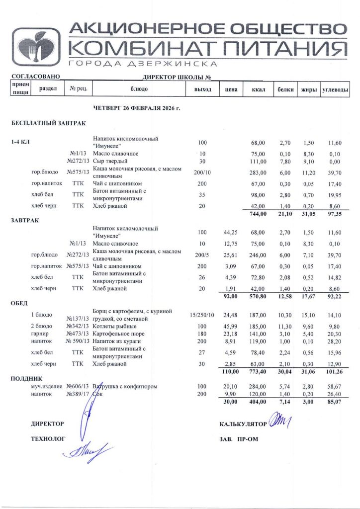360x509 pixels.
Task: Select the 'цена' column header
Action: pyautogui.click(x=230, y=89)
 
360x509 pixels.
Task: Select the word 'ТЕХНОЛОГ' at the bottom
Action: pyautogui.click(x=48, y=439)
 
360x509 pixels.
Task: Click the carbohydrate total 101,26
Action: pyautogui.click(x=337, y=372)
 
